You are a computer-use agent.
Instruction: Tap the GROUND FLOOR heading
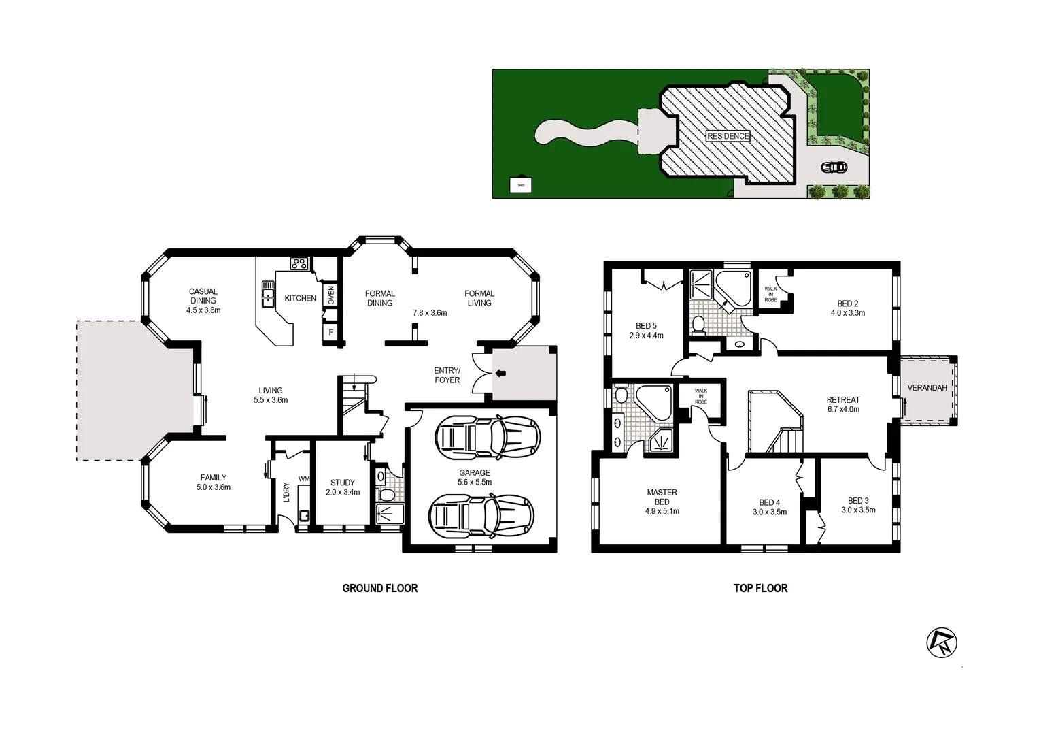tap(379, 588)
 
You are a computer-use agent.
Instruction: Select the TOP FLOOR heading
tap(760, 588)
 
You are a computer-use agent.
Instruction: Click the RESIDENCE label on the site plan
tap(728, 136)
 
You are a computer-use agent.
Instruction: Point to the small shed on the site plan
tap(521, 184)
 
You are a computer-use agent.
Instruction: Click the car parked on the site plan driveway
tap(834, 167)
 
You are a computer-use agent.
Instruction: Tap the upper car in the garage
tap(487, 438)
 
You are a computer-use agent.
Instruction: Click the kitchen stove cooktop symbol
tap(299, 263)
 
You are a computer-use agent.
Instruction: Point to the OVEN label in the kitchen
tap(331, 295)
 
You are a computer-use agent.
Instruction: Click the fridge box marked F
tap(331, 333)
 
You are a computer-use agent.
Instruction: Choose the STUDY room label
tap(343, 483)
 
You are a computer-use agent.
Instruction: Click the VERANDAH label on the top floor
tap(927, 388)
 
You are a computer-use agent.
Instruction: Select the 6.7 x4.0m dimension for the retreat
tap(843, 410)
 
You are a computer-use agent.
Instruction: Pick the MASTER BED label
tap(662, 497)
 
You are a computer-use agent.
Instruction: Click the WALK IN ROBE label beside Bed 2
tap(770, 294)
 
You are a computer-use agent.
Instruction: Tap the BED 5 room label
tap(646, 326)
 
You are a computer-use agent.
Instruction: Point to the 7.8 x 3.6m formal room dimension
tap(430, 313)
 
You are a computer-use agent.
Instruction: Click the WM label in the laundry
tap(303, 479)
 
